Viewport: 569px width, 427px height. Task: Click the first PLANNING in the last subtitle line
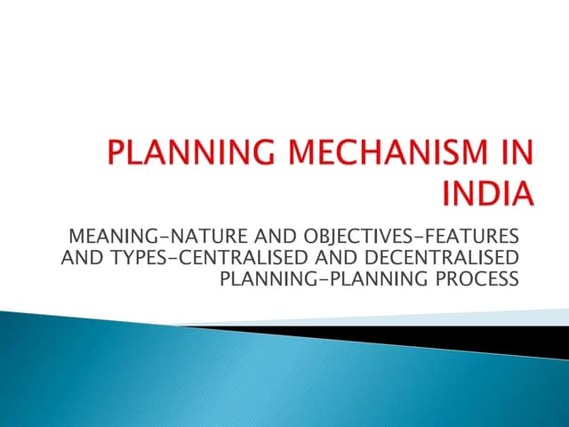click(259, 279)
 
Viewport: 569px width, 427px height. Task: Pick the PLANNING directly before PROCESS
click(378, 279)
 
